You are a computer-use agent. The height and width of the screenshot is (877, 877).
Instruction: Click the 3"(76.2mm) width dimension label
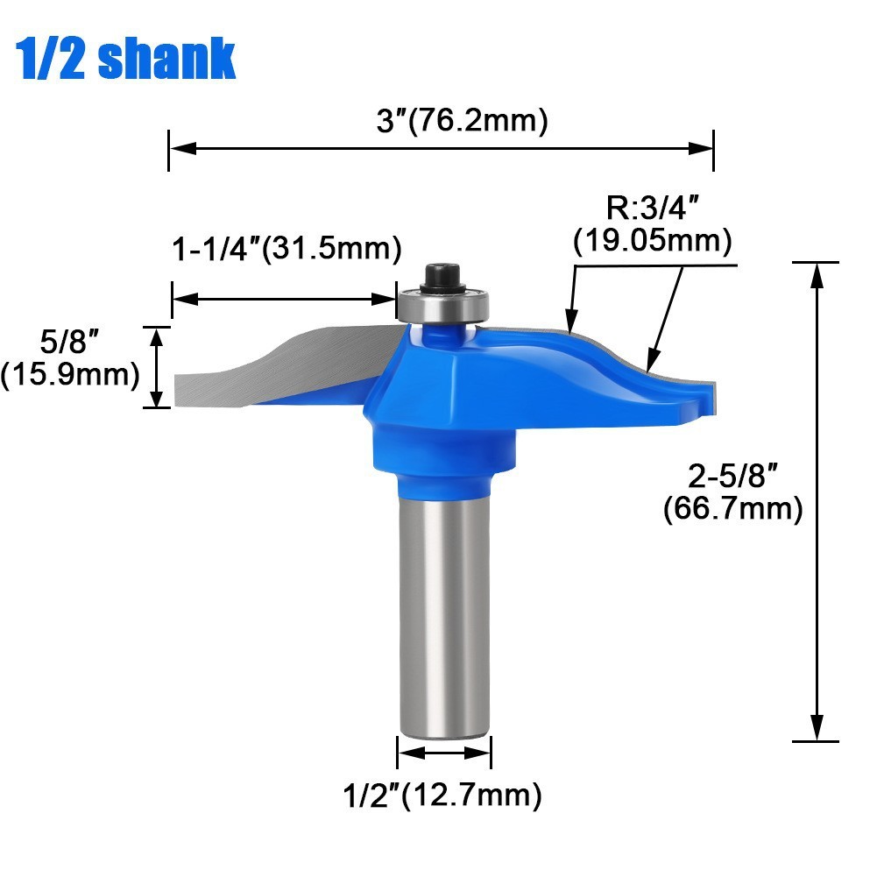[x=462, y=121]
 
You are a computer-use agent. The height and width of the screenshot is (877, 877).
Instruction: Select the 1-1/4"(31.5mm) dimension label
[x=286, y=249]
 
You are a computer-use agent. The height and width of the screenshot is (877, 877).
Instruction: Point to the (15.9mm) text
[x=70, y=375]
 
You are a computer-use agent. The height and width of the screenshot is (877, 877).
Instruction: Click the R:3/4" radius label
[x=653, y=210]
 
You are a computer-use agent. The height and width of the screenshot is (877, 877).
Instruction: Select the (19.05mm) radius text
[x=653, y=241]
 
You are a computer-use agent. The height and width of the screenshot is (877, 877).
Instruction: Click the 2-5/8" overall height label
[x=732, y=477]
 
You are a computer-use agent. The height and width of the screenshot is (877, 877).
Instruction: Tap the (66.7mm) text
[x=732, y=508]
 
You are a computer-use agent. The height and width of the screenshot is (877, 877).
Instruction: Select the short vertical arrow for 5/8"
[x=158, y=367]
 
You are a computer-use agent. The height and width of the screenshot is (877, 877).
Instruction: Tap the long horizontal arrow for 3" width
[x=442, y=149]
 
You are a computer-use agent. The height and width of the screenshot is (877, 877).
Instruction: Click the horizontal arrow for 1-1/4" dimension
[x=285, y=299]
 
